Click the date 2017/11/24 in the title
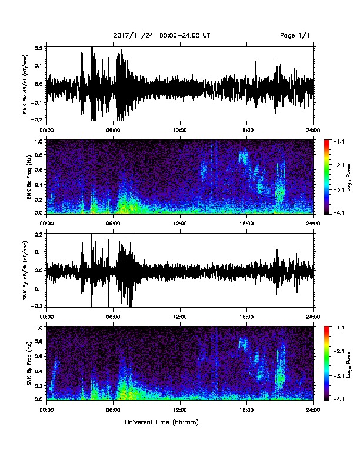[133, 36]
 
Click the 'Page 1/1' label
[295, 36]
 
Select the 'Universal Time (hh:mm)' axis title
[162, 422]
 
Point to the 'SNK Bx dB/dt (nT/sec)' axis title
[25, 84]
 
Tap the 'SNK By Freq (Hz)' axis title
[29, 363]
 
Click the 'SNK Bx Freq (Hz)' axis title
[29, 177]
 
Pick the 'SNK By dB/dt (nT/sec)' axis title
[25, 271]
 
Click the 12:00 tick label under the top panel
[180, 131]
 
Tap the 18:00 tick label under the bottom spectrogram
[246, 410]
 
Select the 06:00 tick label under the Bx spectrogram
[113, 224]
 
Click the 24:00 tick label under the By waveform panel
[314, 317]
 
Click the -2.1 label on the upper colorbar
[339, 165]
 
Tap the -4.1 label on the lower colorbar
[339, 399]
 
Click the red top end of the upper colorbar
[326, 141]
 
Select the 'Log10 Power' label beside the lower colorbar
[349, 364]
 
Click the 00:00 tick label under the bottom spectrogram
[46, 410]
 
